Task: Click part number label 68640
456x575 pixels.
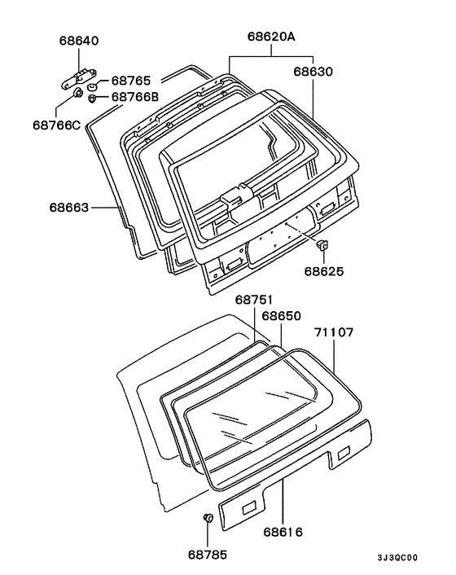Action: coord(79,41)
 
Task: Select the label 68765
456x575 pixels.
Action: coord(131,81)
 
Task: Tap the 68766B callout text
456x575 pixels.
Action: coord(135,97)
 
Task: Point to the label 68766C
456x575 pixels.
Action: coord(56,125)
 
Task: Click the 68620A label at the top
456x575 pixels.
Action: coord(271,37)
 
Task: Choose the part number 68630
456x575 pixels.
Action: coord(313,72)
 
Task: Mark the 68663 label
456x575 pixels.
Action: coord(69,208)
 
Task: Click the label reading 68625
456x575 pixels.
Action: coord(324,271)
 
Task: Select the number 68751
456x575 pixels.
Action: coord(254,300)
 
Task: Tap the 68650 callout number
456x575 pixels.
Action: coord(281,316)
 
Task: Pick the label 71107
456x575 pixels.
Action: coord(334,332)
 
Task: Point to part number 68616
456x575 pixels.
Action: coord(283,532)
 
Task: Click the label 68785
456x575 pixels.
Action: coord(208,555)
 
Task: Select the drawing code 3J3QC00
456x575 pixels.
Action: coord(397,558)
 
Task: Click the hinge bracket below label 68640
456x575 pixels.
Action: coord(78,77)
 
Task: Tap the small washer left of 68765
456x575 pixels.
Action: coord(92,87)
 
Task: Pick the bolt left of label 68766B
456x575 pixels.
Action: coord(92,99)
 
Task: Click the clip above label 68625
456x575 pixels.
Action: coord(322,244)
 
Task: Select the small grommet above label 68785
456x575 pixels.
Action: coord(208,518)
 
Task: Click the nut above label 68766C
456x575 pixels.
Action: coord(77,94)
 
